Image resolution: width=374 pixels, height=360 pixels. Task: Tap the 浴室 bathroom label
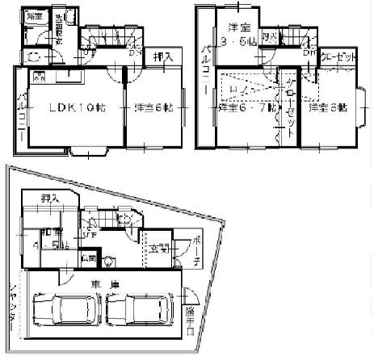tap(34, 16)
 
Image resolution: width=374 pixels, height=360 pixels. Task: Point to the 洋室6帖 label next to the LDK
tap(153, 107)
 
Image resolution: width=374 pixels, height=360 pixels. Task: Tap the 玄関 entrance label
tap(156, 249)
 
